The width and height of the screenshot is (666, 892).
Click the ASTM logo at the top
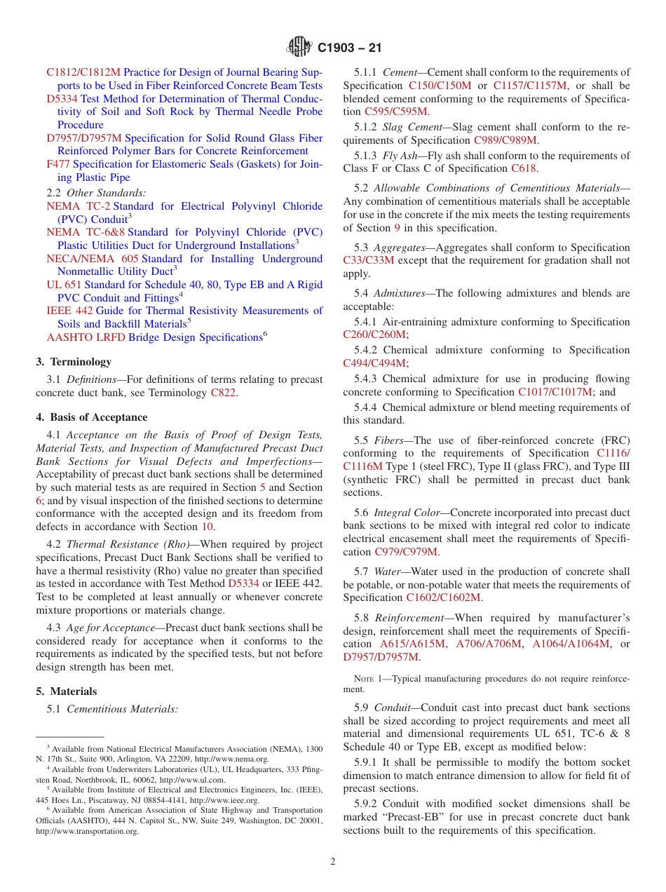(x=299, y=48)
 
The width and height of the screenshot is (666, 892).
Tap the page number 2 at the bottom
(x=333, y=862)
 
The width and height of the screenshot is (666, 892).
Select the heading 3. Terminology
(x=74, y=362)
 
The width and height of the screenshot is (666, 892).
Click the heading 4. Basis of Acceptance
(x=92, y=417)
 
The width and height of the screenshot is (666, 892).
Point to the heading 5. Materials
(x=67, y=691)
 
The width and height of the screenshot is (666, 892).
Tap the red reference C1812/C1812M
(x=83, y=72)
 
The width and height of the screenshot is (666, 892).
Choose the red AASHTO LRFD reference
(x=86, y=337)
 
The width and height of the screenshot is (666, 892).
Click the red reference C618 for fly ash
(x=524, y=168)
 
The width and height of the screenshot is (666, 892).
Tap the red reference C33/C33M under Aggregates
(x=369, y=261)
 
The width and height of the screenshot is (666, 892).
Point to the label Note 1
(x=368, y=679)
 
